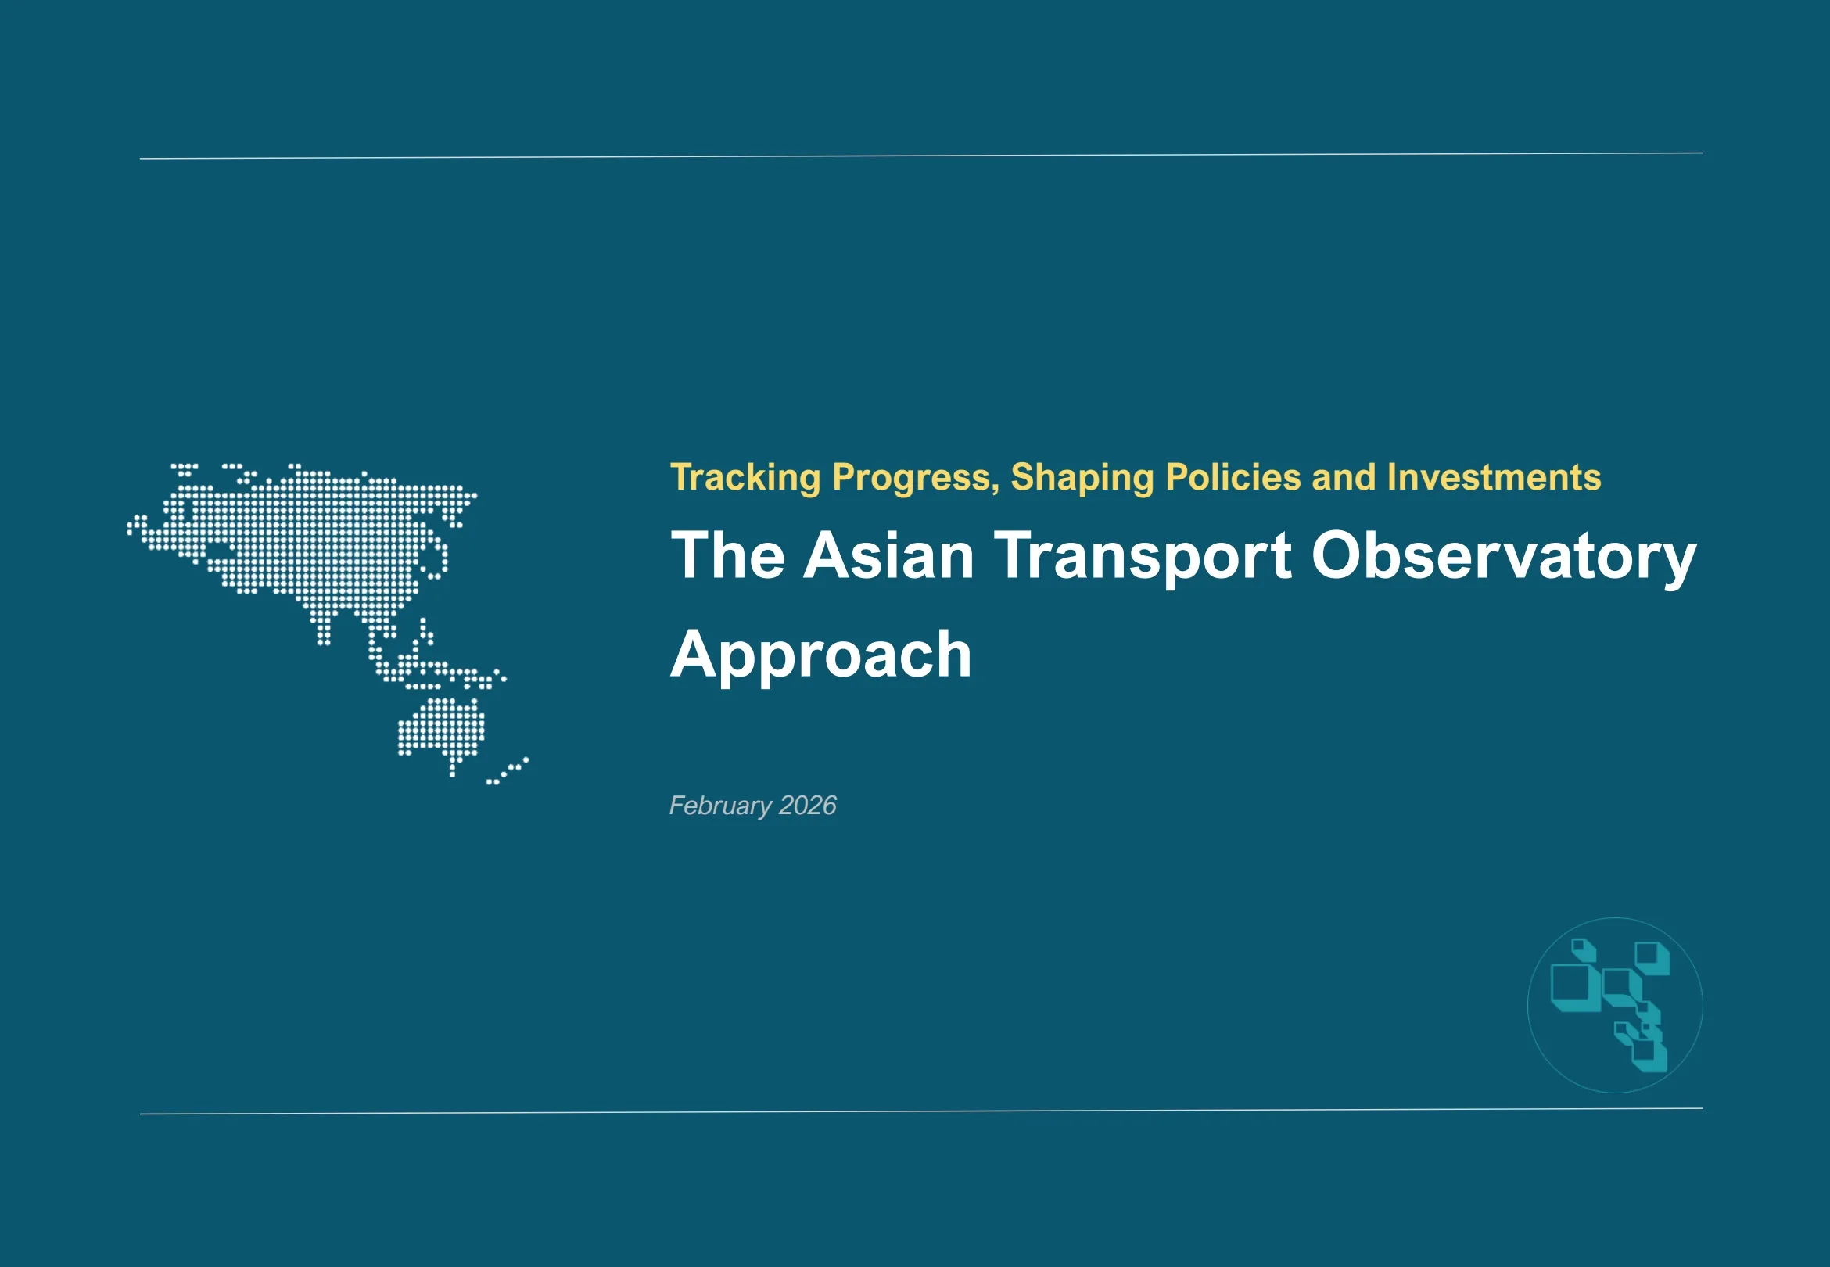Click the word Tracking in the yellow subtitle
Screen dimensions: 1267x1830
click(x=745, y=478)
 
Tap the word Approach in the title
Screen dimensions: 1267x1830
click(x=820, y=655)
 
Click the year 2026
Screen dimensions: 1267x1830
click(x=807, y=806)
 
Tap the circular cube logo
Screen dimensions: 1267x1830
click(x=1614, y=1005)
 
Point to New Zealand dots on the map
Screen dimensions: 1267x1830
click(x=508, y=771)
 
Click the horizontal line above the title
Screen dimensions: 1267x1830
click(x=920, y=156)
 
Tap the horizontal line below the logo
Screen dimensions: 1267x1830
click(x=920, y=1111)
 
